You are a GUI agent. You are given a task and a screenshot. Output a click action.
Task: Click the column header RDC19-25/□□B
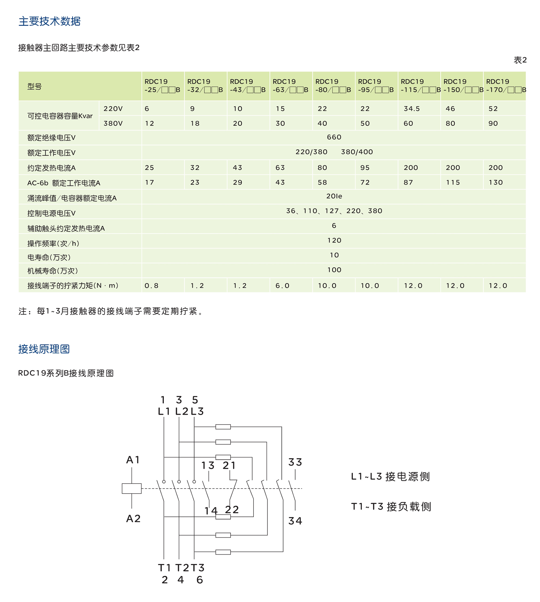coord(162,86)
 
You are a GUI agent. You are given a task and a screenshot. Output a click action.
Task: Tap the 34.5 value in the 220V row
coord(411,109)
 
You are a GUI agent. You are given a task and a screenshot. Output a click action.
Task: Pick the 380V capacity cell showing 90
coord(493,123)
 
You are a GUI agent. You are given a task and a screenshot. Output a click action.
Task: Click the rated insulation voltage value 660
coord(334,137)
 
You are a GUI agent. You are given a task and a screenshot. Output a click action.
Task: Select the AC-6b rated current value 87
coord(408,183)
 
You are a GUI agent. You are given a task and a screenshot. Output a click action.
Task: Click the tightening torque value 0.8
coord(151,286)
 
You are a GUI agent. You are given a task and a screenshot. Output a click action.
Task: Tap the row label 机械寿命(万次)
coord(53,271)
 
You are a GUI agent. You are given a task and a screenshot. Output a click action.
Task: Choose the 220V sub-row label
coord(113,109)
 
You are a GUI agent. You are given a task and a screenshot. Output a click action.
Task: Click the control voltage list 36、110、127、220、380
coord(334,211)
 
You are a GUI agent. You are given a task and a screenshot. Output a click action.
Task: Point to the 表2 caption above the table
coord(520,60)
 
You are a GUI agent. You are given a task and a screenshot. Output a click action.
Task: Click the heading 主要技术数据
coord(50,21)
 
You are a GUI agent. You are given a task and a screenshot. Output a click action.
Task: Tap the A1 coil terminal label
coord(133,460)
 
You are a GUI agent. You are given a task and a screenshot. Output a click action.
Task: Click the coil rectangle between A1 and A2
coord(131,488)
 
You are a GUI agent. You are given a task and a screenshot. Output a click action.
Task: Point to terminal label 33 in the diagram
coord(295,462)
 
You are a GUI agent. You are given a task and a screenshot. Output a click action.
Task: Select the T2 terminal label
coord(182,568)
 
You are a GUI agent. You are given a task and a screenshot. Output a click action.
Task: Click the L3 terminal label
coord(197,411)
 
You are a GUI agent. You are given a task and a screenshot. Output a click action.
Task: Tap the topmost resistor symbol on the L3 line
coord(223,427)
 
